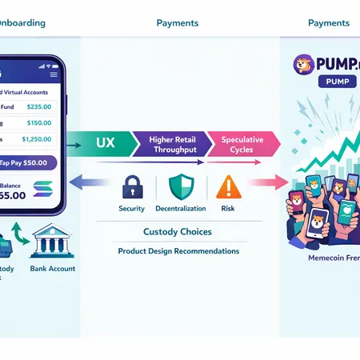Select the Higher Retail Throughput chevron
(x=173, y=144)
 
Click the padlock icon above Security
(x=131, y=187)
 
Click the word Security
(x=131, y=209)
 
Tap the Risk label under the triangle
(x=228, y=209)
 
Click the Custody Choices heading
(x=178, y=232)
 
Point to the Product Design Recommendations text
(x=178, y=251)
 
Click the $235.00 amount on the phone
(x=39, y=106)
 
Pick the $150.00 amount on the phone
(x=39, y=122)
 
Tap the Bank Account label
(x=54, y=269)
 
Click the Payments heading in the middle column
(x=178, y=22)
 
